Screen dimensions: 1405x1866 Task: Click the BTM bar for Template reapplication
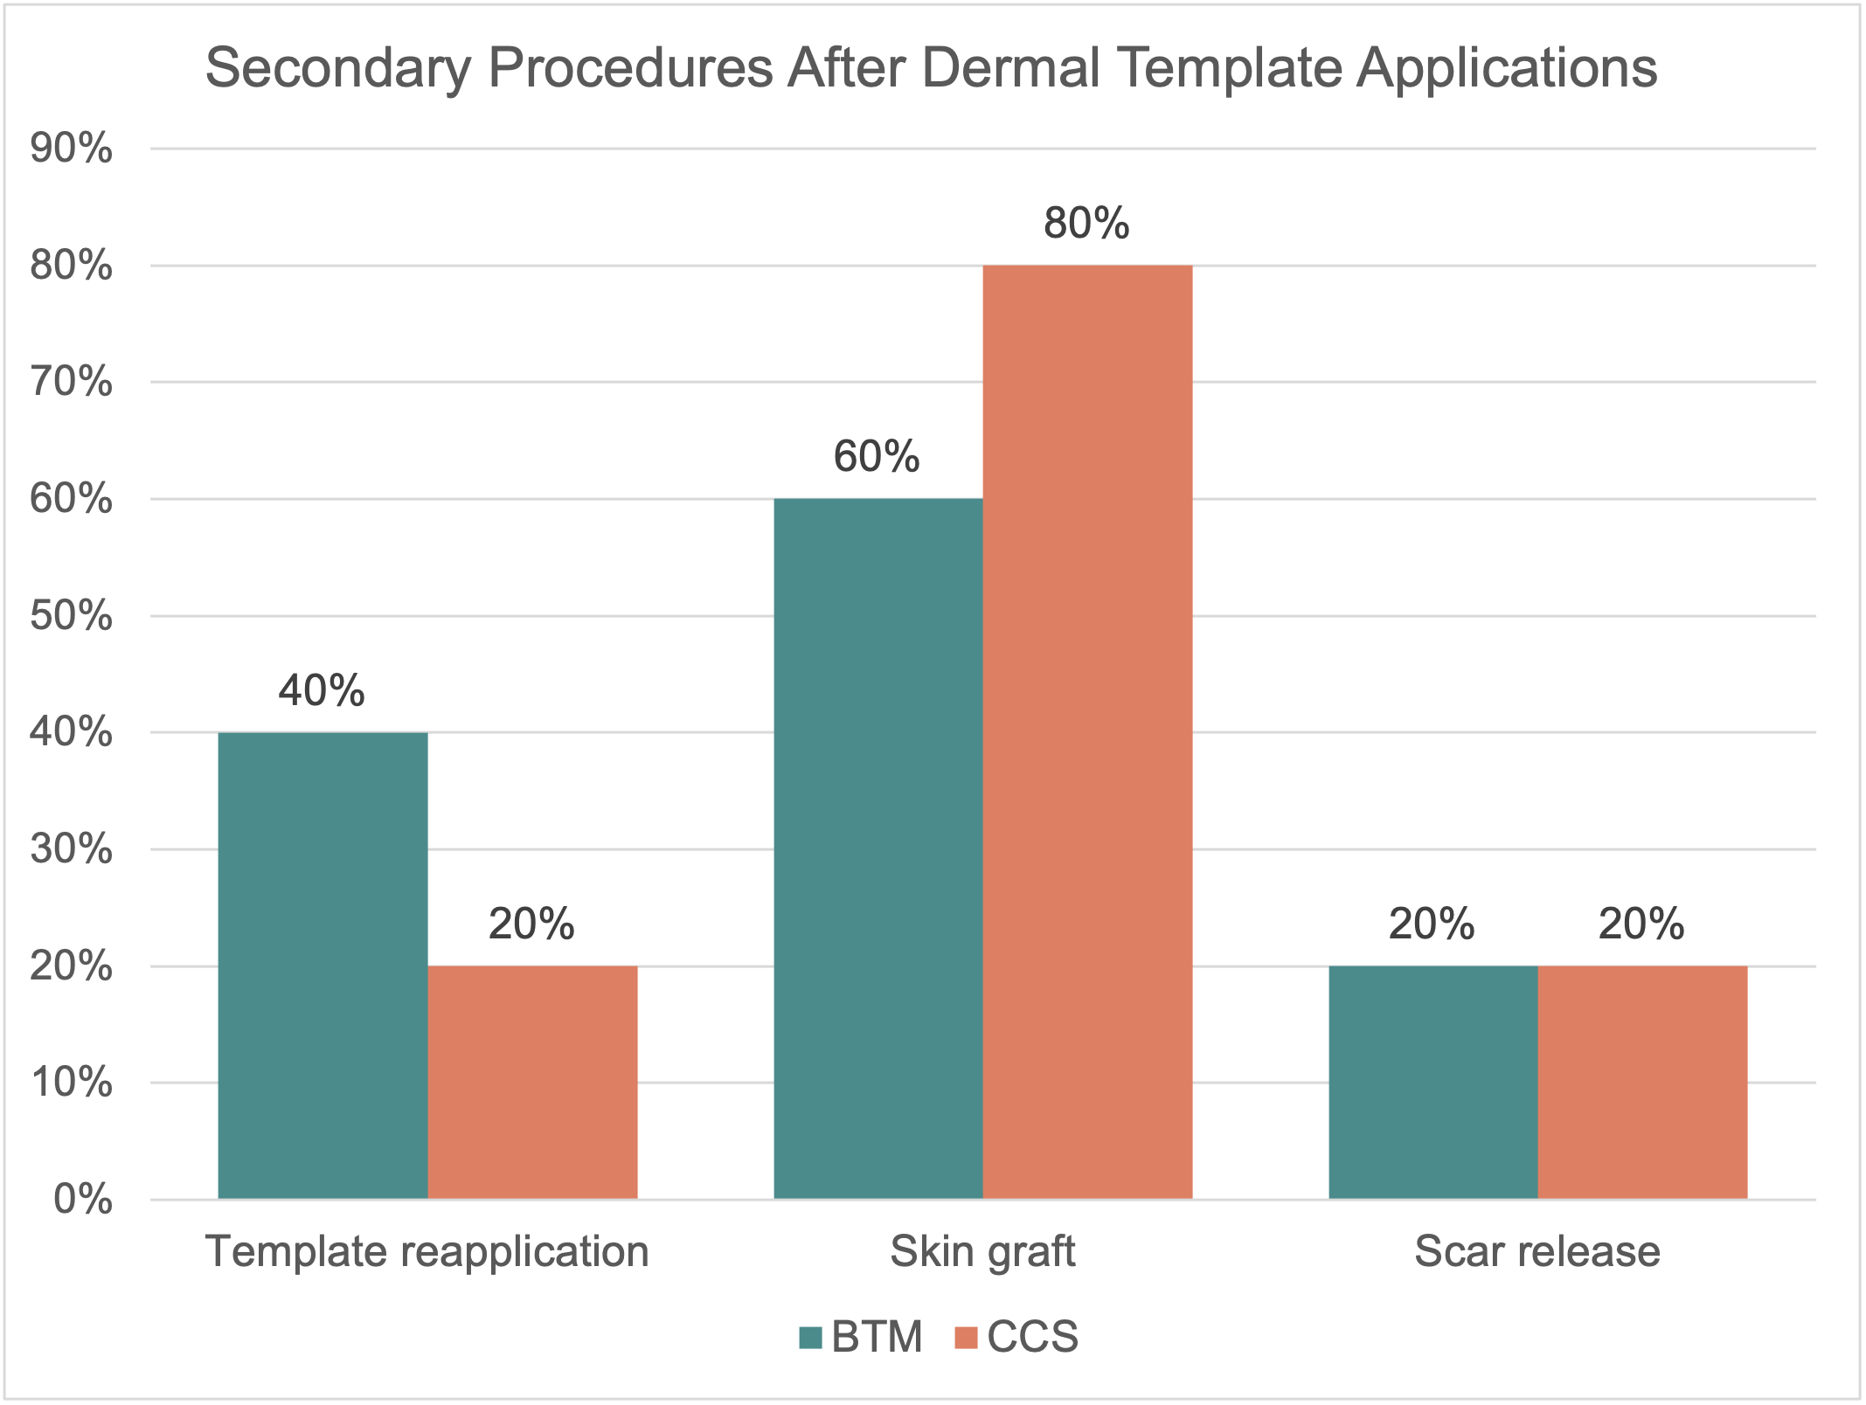[x=323, y=966]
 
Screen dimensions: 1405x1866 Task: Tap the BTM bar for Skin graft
[x=878, y=848]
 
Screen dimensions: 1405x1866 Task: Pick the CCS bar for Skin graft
[x=1087, y=731]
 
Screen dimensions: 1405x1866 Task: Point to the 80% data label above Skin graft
[x=1086, y=224]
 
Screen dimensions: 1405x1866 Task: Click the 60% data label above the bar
[x=877, y=457]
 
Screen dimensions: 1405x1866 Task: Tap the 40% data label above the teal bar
[x=322, y=691]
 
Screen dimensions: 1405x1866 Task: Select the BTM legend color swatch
[x=810, y=1338]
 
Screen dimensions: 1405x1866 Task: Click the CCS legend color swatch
[x=966, y=1338]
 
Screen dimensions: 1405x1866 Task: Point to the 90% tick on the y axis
[x=72, y=149]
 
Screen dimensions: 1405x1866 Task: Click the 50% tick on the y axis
[x=72, y=616]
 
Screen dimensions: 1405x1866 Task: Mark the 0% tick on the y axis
[x=83, y=1200]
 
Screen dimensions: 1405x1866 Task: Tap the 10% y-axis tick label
[x=72, y=1083]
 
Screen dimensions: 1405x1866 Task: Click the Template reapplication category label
[x=427, y=1251]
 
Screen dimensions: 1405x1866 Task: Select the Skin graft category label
[x=982, y=1251]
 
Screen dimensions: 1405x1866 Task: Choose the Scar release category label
[x=1537, y=1251]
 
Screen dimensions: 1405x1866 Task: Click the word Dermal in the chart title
[x=1011, y=68]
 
